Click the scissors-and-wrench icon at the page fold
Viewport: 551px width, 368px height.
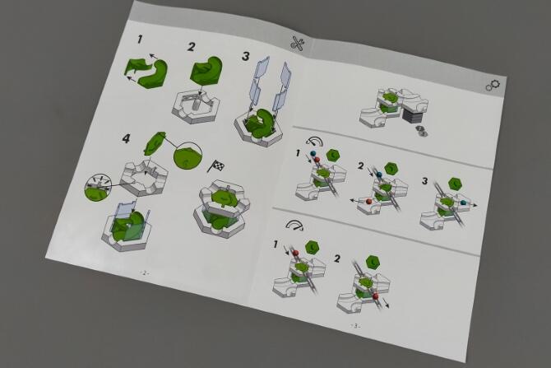point(297,44)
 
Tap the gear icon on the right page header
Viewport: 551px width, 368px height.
point(493,85)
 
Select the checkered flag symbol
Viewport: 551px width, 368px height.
point(216,165)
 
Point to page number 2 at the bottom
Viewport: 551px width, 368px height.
point(144,273)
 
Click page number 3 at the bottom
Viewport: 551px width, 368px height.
point(355,326)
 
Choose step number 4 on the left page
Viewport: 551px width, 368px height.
point(126,138)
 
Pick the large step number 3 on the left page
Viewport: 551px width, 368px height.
point(246,56)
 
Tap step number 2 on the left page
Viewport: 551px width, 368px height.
point(192,47)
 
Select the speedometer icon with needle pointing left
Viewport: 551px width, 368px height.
point(314,142)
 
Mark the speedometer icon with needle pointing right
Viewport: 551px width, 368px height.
point(294,225)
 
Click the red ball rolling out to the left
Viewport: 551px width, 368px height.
point(368,202)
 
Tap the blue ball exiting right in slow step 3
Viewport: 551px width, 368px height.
point(464,203)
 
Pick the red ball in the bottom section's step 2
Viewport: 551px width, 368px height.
point(376,296)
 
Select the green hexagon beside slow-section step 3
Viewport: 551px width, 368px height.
point(456,184)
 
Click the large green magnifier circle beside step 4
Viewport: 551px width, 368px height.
point(188,156)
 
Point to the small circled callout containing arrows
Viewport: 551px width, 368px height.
point(98,187)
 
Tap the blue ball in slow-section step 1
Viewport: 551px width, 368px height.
point(313,154)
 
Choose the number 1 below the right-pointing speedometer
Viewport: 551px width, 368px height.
point(276,244)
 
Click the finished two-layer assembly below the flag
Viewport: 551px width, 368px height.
point(221,207)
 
